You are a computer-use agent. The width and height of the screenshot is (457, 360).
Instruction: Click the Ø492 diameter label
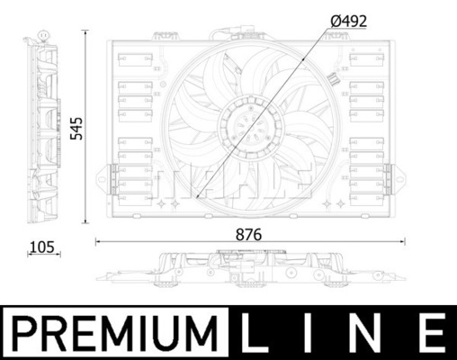pos(349,22)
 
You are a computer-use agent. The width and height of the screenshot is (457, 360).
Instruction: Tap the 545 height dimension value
pos(76,129)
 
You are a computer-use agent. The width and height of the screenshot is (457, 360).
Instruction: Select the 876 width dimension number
pos(248,235)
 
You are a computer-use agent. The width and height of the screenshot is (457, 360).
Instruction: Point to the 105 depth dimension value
pos(42,247)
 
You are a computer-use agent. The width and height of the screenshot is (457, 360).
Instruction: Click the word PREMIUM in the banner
pos(115,333)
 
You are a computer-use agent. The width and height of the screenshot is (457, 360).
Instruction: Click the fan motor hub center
pos(251,130)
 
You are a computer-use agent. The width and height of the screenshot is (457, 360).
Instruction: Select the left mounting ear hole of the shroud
pos(102,180)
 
